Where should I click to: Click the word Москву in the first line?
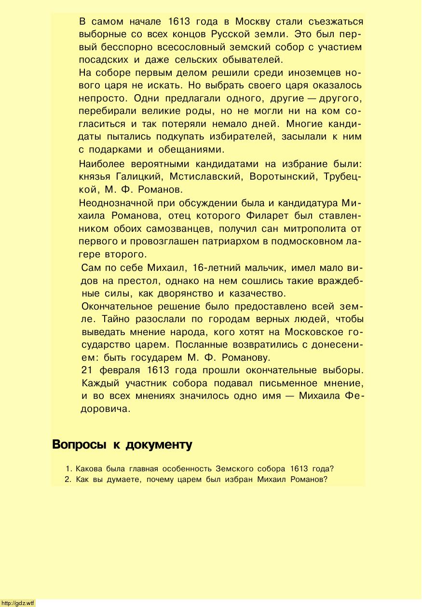253,22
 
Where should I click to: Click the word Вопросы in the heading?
79,445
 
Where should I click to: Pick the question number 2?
67,480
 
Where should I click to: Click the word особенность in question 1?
187,469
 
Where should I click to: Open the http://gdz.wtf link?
18,603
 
